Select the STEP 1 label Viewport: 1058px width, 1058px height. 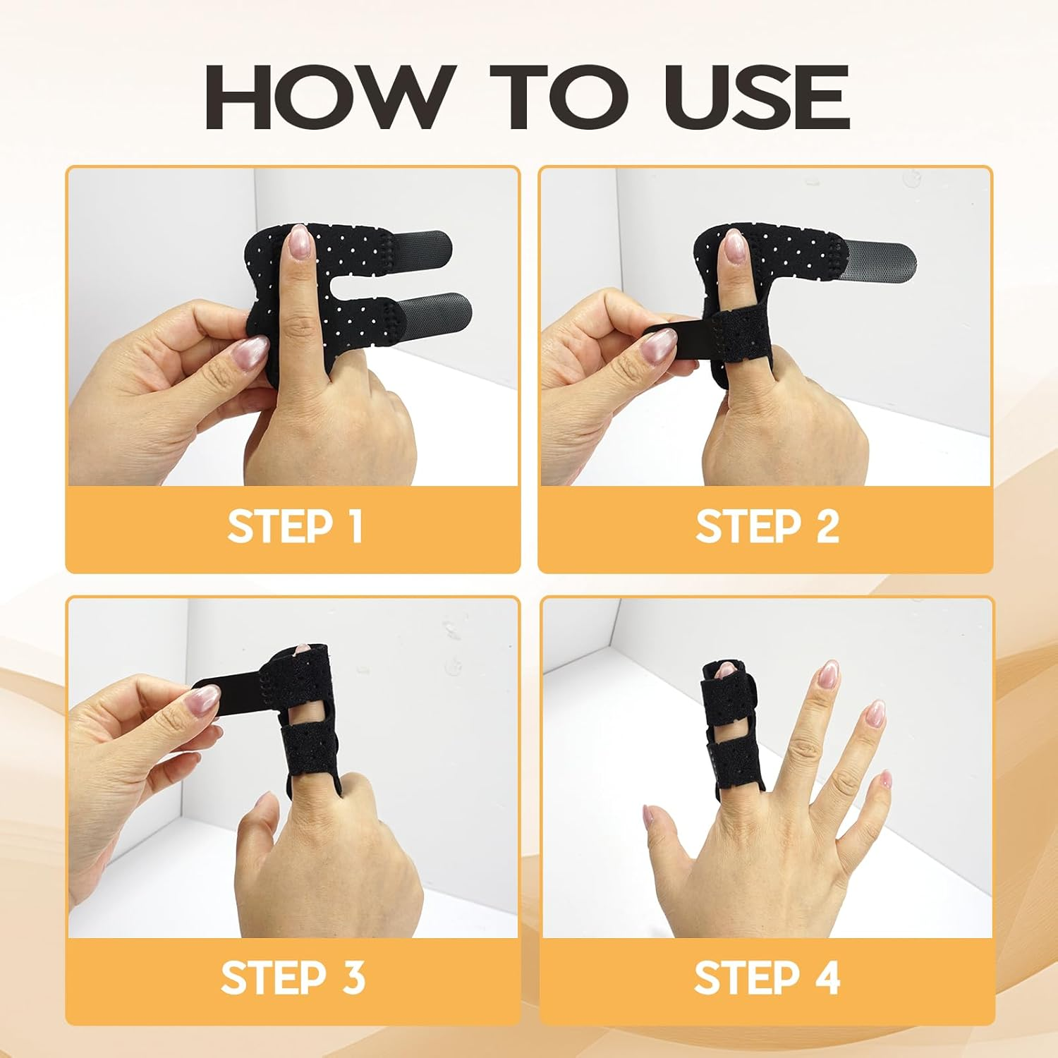294,527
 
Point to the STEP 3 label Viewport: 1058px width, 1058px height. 293,978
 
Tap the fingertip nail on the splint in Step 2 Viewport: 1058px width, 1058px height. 734,245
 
